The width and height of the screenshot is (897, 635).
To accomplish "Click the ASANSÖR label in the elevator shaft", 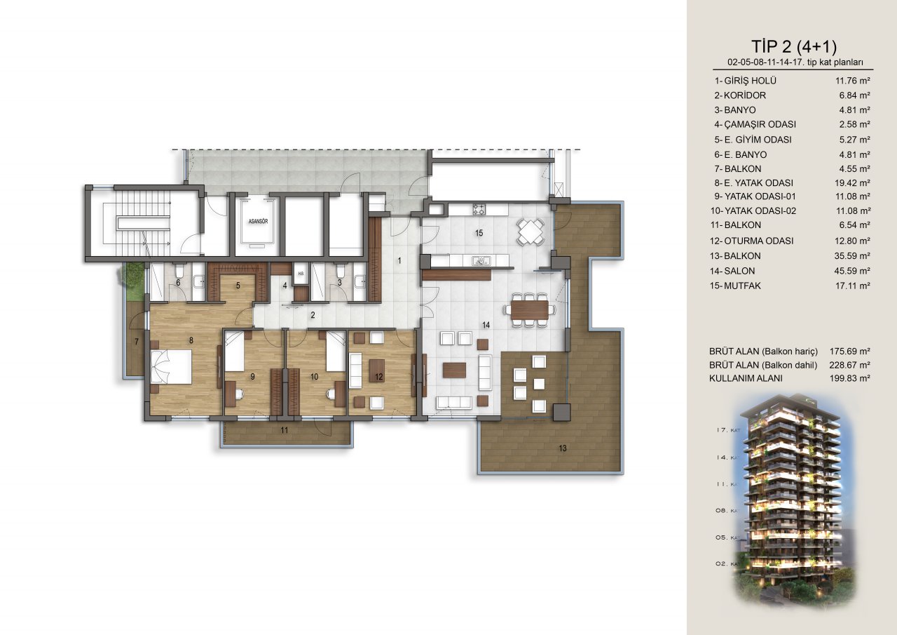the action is click(258, 221).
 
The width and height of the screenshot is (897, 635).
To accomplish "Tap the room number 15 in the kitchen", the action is click(479, 233).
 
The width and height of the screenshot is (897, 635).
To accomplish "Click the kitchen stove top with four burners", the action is click(479, 209).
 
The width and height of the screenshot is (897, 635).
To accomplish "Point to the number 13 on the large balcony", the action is click(562, 448).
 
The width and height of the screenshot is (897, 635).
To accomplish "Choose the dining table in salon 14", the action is click(530, 309).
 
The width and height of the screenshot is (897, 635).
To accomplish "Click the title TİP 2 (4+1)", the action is click(794, 47).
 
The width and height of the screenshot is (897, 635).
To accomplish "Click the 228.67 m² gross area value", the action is click(850, 365).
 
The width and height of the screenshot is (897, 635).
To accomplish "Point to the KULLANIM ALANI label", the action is click(746, 378).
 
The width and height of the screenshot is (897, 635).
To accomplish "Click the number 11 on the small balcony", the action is click(285, 431).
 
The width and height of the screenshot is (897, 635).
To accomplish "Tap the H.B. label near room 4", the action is click(301, 274).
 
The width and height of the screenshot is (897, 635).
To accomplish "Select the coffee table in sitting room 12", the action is click(376, 371).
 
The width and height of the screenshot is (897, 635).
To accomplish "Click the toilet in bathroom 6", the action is click(179, 271).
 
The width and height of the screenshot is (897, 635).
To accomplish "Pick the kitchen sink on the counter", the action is click(480, 261).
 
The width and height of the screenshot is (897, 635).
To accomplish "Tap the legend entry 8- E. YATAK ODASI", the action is click(753, 183).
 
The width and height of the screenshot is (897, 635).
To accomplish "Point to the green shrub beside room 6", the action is click(130, 274).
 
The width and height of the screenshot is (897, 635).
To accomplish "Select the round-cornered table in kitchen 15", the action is click(530, 232).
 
